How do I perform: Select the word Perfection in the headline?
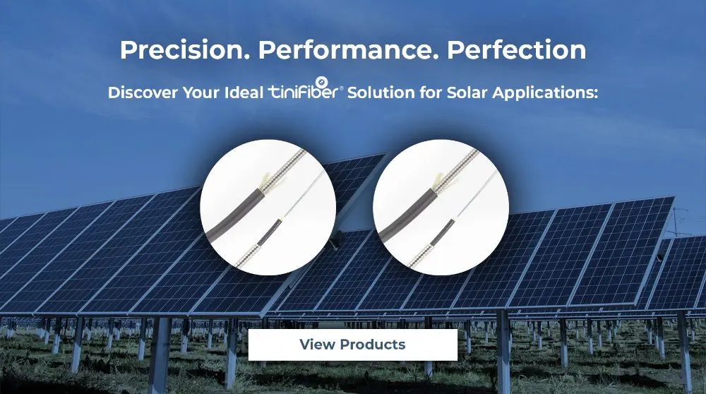[x=517, y=49]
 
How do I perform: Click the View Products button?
[x=352, y=345]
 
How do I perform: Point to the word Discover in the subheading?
[x=143, y=92]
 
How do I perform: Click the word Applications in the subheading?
[x=545, y=93]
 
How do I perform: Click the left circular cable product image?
[x=268, y=207]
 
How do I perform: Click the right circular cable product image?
[x=441, y=207]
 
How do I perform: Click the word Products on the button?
[x=373, y=345]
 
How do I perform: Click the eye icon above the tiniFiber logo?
[x=322, y=83]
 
